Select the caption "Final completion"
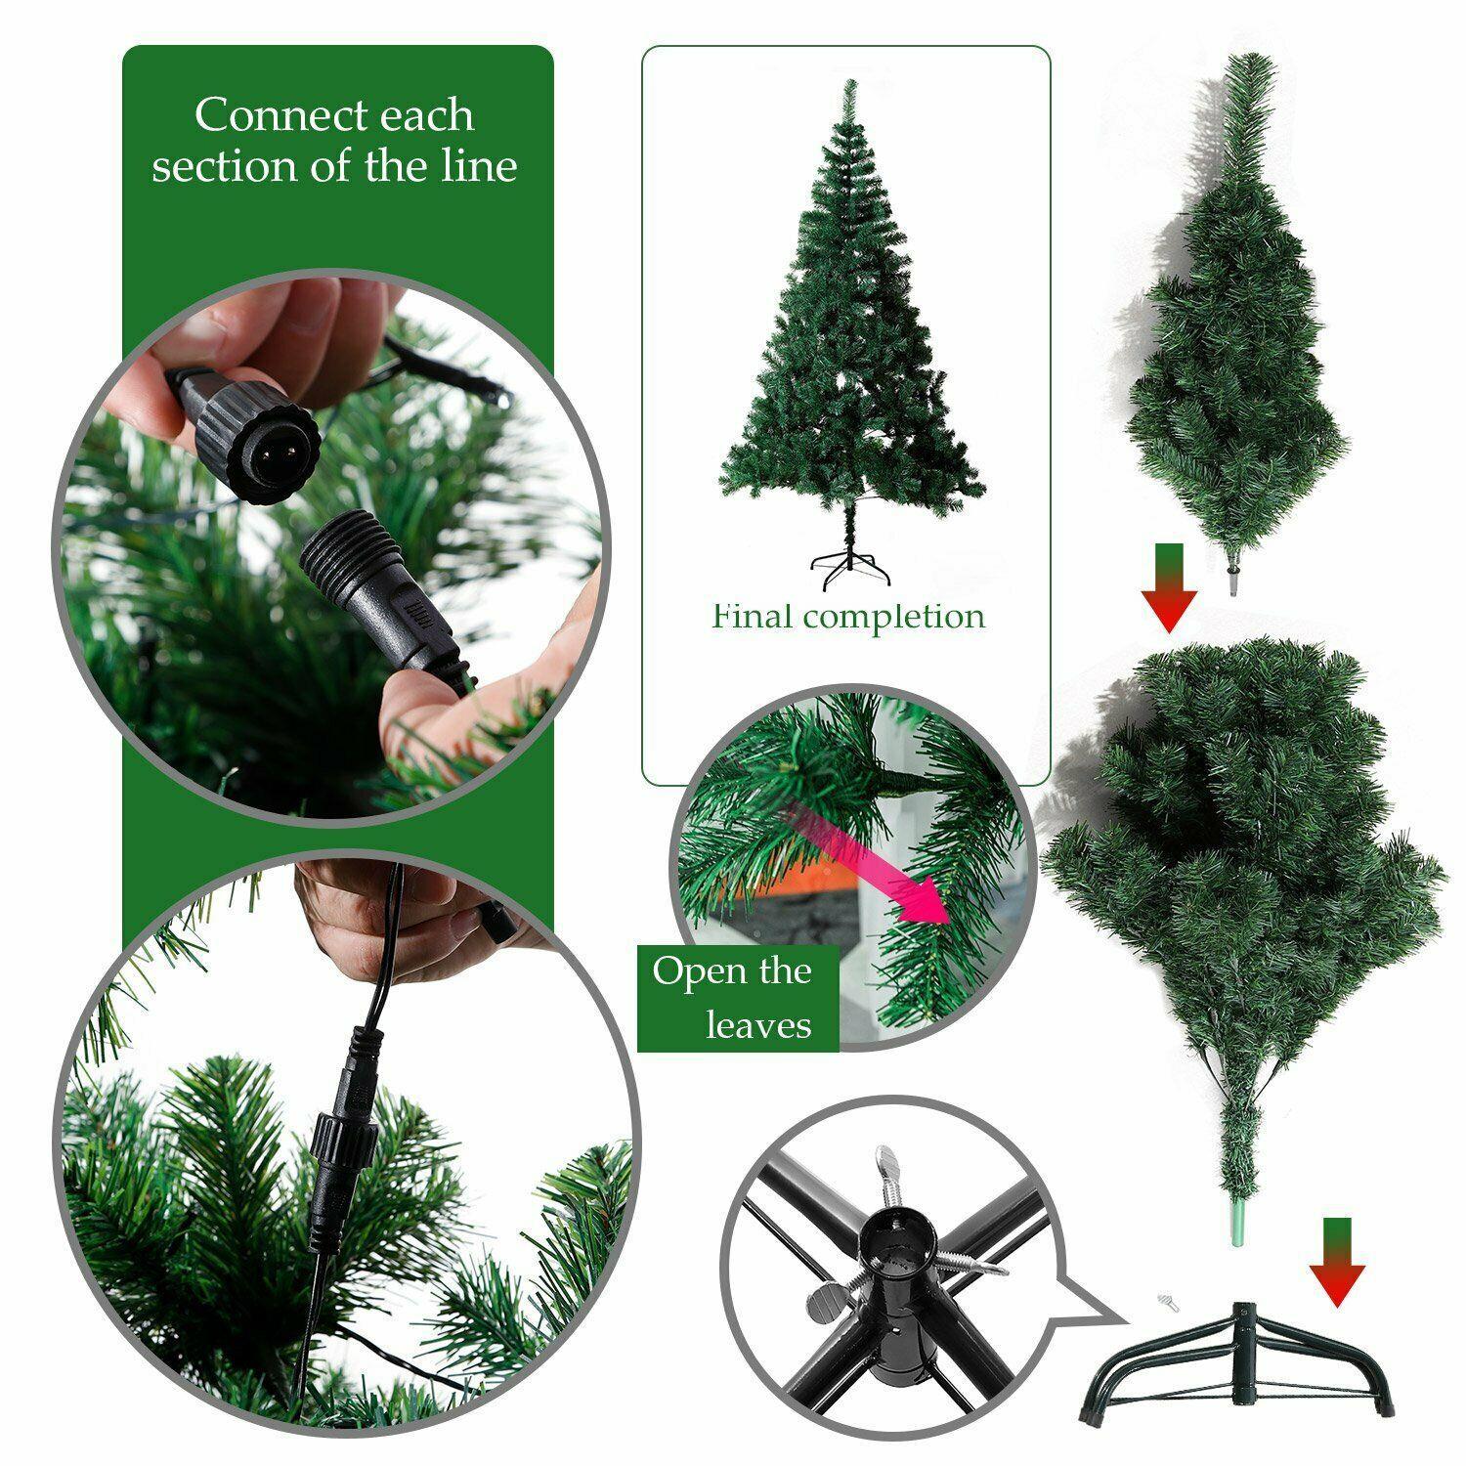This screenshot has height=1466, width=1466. pyautogui.click(x=848, y=617)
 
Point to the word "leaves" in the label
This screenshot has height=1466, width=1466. pyautogui.click(x=758, y=1025)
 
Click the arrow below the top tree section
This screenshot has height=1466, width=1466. pyautogui.click(x=1169, y=588)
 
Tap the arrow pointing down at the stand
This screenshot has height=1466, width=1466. pyautogui.click(x=1336, y=1262)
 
